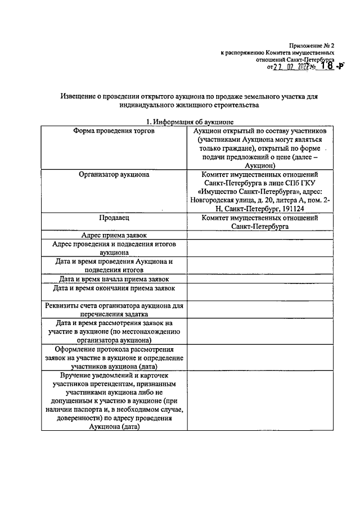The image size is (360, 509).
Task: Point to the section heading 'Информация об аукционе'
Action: (190, 121)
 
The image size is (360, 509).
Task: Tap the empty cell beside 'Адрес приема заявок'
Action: (261, 235)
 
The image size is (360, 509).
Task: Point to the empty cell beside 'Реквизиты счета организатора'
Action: (261, 310)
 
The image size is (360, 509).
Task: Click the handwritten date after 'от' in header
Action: (293, 66)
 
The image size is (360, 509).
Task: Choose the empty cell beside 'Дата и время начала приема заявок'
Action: (261, 279)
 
